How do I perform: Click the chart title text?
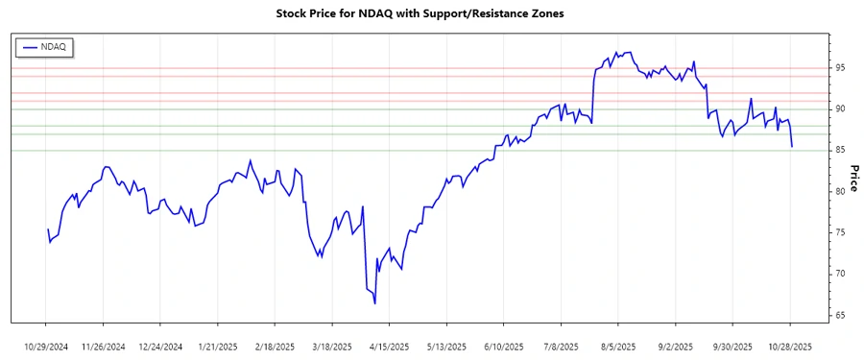tap(431, 14)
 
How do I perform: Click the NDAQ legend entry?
tap(46, 46)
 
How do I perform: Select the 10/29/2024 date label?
tap(45, 346)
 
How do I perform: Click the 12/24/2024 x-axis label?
tap(159, 346)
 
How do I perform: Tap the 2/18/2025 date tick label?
tap(275, 346)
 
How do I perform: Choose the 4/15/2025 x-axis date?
tap(389, 346)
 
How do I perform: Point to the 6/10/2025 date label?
tap(504, 346)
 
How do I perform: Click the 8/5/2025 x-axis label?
tap(618, 346)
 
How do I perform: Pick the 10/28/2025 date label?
tap(790, 346)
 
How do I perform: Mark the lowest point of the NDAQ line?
tap(374, 303)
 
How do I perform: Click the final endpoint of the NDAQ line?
tap(791, 146)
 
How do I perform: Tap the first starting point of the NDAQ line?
tap(48, 229)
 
